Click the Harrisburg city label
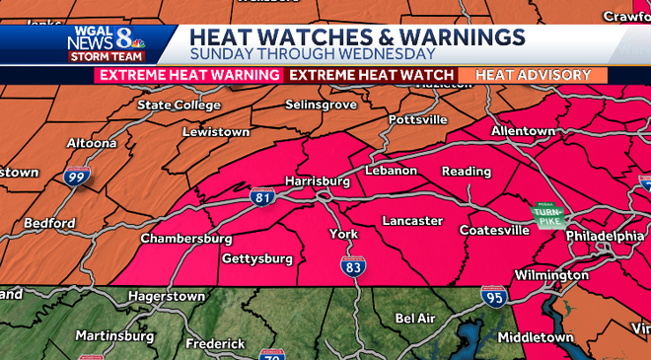coord(317,181)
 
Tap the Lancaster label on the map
coord(412,220)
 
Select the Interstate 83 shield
coord(354,266)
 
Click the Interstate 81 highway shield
coord(261,197)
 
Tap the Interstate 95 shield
coord(493,294)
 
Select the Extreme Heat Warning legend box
coord(188,75)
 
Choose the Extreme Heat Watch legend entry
coord(371,75)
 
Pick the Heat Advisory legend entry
coord(533,75)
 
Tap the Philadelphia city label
coord(604,237)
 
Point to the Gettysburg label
coord(257,258)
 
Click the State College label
coord(179,105)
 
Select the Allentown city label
coord(523,130)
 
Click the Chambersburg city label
coord(186,239)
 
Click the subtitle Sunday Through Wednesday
coord(313,54)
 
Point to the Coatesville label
coord(494,230)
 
